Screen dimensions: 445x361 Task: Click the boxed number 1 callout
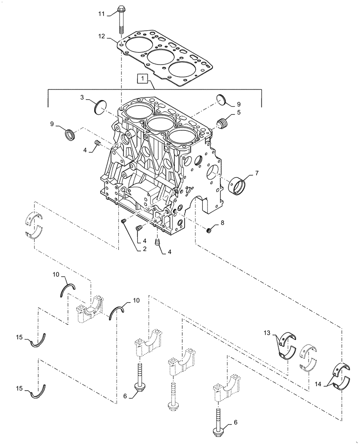[x=142, y=79]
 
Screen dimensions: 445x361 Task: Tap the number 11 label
[x=101, y=14]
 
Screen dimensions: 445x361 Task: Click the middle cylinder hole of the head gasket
[x=160, y=57]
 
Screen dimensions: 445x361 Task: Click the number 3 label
[x=83, y=97]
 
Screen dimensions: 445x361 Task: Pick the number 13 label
[x=266, y=333]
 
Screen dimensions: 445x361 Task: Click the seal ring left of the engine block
[x=70, y=134]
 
